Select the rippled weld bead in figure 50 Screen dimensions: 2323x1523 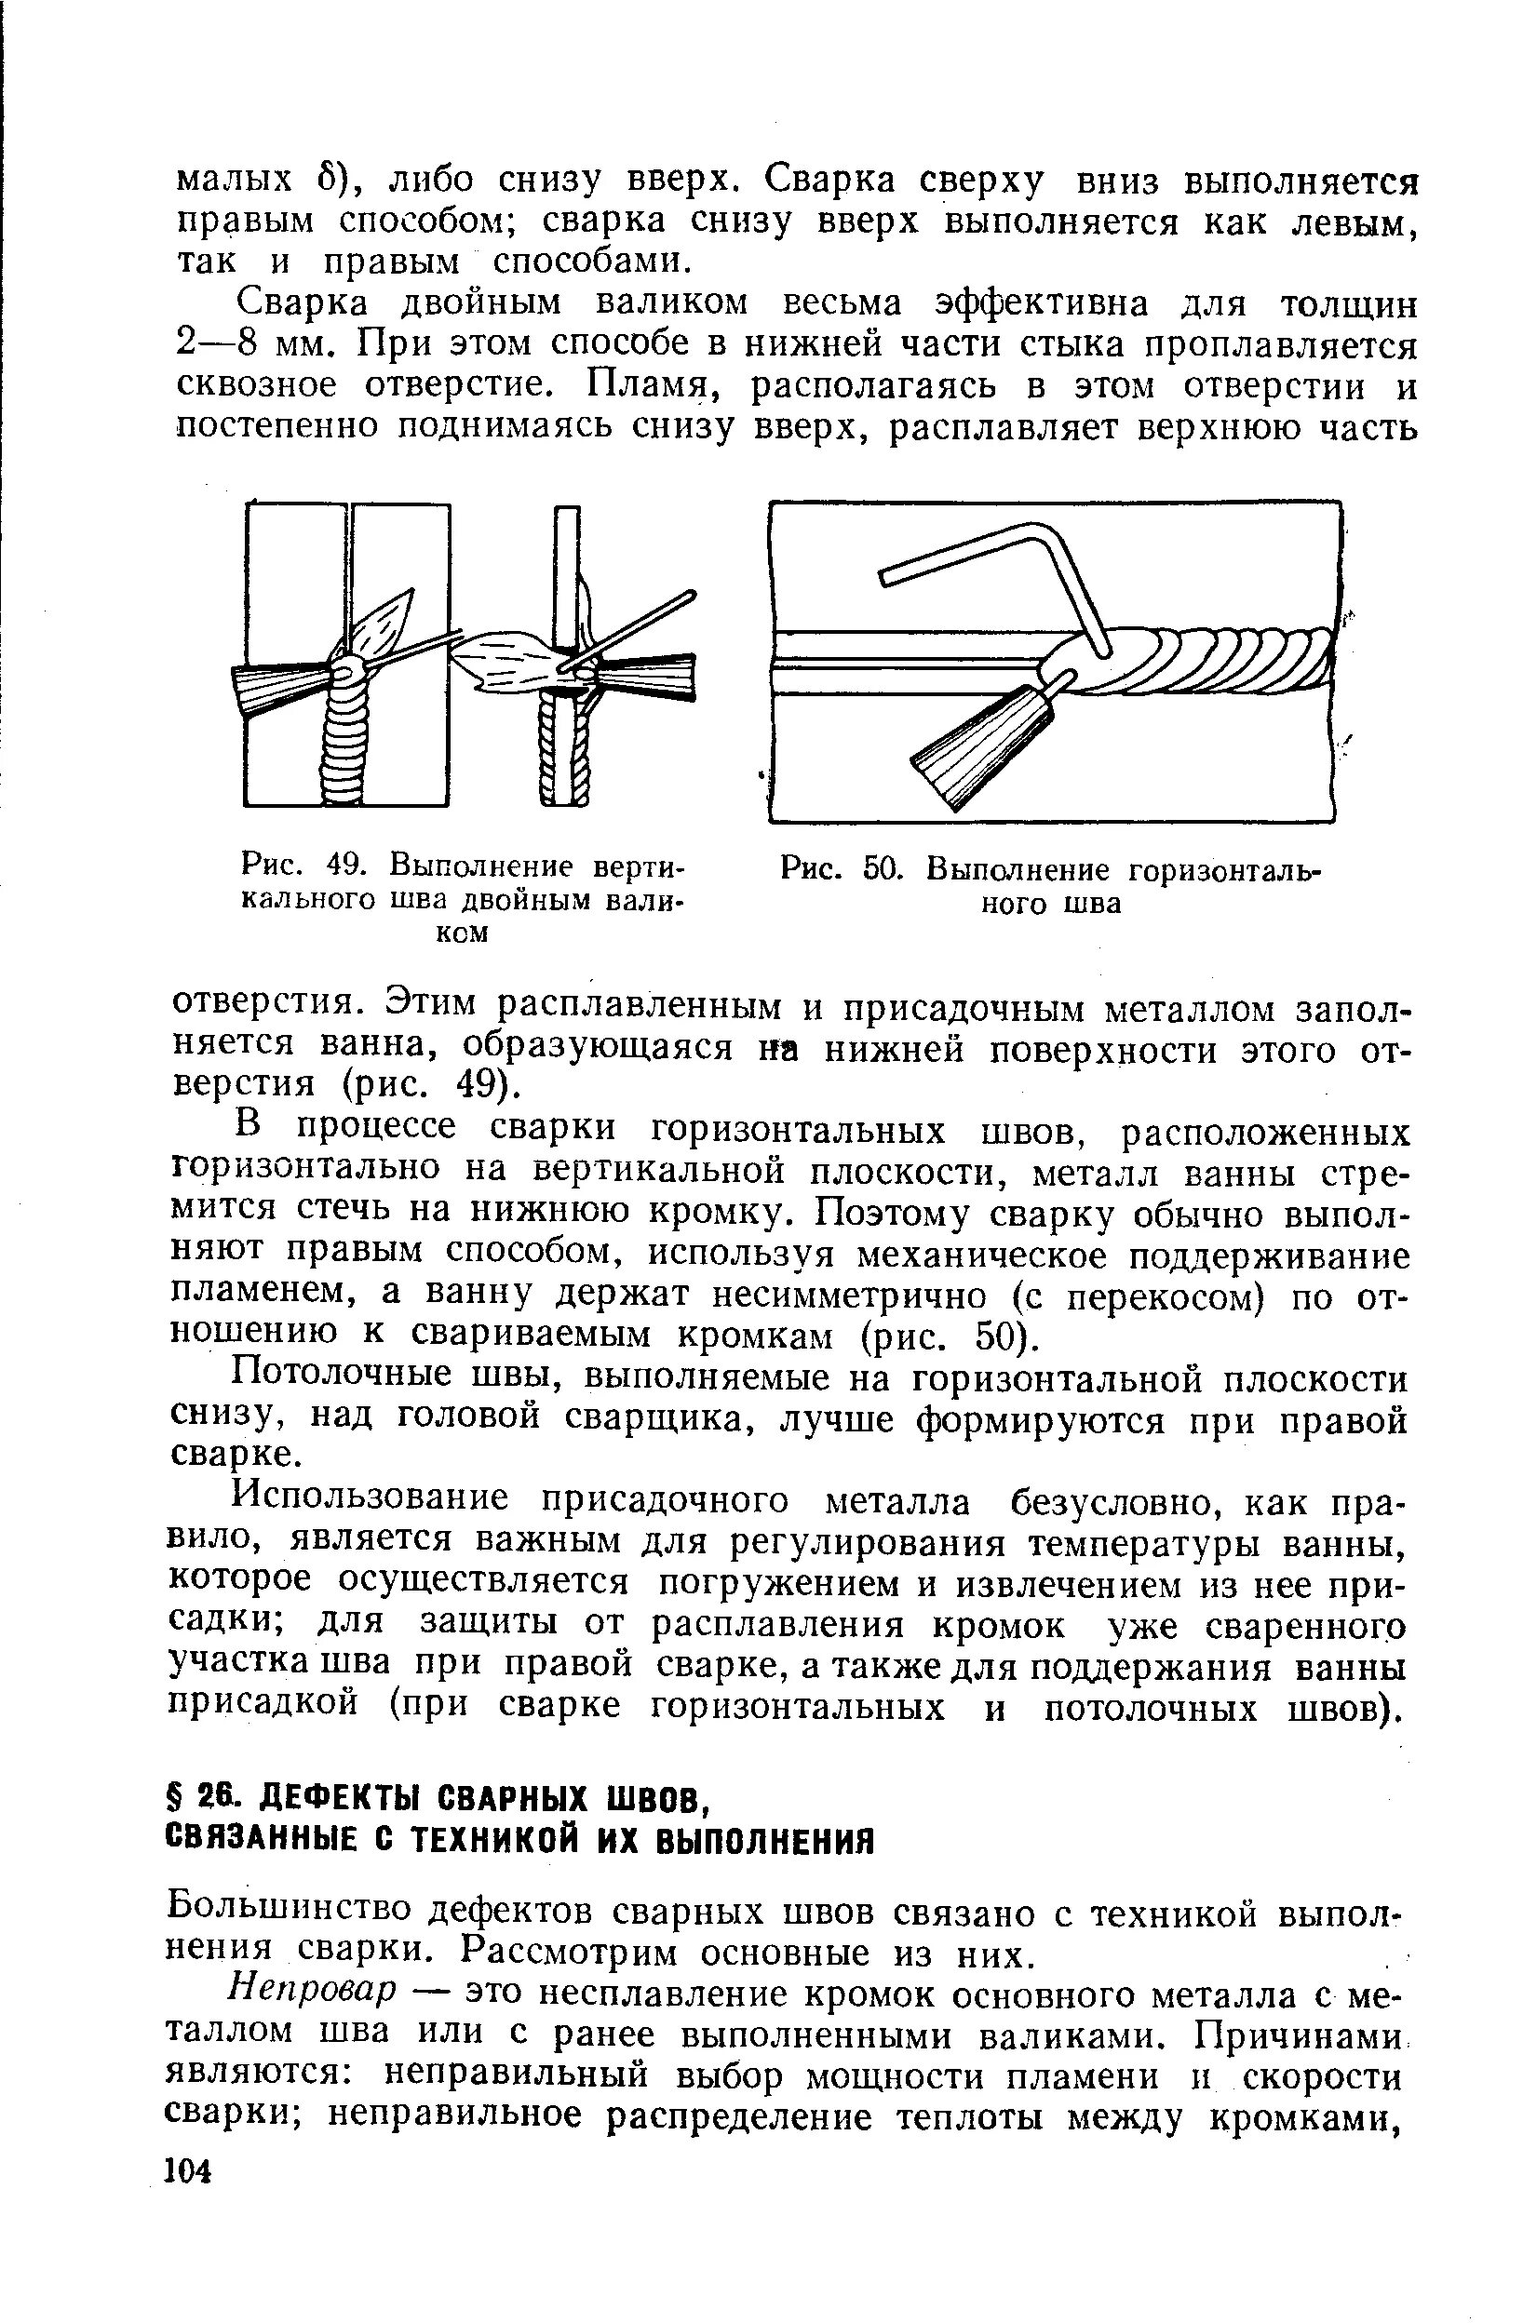point(1220,659)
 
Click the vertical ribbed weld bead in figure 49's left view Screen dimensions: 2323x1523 point(343,742)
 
